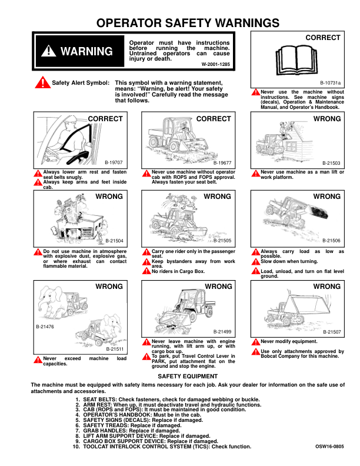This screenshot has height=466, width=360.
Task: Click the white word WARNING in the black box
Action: point(86,51)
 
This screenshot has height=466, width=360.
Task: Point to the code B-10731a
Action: point(331,84)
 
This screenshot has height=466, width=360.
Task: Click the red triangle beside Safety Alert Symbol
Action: point(42,83)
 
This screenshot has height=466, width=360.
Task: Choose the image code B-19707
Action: point(114,161)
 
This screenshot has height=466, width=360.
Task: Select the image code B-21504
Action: point(114,241)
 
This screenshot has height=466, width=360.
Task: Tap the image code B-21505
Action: point(222,241)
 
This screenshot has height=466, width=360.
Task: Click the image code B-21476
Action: point(45,326)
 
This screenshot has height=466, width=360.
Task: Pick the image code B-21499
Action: point(222,332)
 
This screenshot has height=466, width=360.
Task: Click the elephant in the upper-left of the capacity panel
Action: point(49,297)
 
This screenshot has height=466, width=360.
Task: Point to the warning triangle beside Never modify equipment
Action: point(255,342)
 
